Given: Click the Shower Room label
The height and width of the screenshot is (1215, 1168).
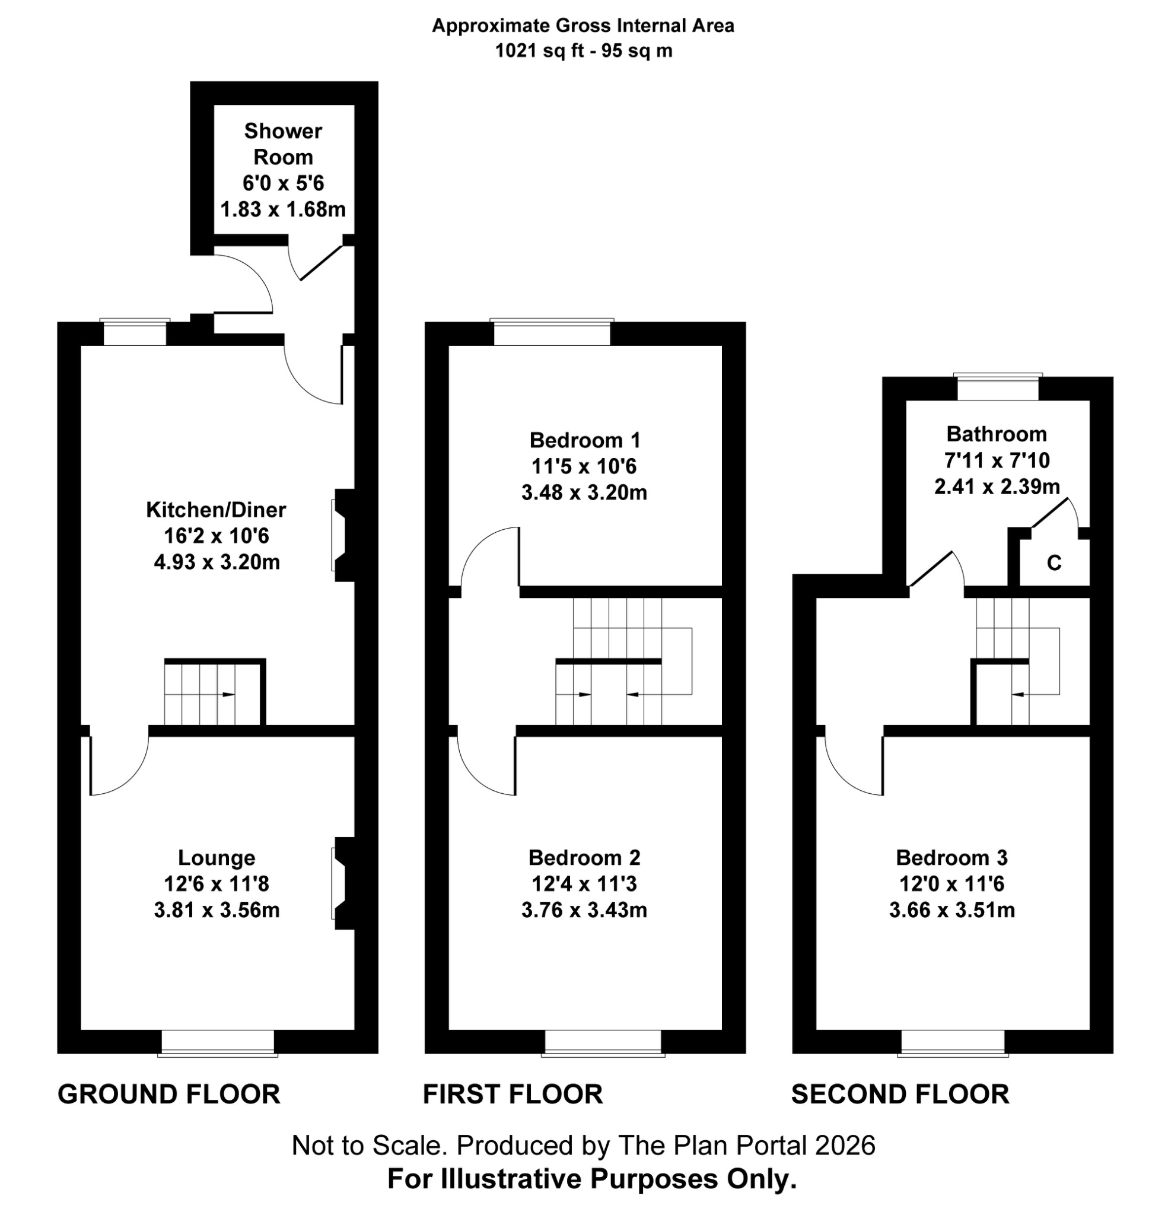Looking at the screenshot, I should coord(283,144).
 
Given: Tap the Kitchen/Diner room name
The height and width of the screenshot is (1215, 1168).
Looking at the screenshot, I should coord(216,510).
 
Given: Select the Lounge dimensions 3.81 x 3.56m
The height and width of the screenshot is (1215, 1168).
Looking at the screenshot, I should coord(217,910).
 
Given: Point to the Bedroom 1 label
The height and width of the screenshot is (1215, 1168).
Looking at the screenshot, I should coord(584,440).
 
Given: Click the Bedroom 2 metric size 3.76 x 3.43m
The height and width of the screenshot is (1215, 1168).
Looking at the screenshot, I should coord(584,910).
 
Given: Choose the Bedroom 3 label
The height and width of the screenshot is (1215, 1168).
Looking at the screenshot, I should coord(951,857).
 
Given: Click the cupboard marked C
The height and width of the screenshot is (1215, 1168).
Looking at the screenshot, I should coord(1054,562).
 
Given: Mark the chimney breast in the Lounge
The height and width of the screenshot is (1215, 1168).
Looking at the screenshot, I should coord(342,883).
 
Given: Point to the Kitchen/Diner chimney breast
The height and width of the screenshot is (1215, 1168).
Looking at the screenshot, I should coord(342,535).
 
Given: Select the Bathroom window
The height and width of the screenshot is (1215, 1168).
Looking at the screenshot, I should coord(997,388).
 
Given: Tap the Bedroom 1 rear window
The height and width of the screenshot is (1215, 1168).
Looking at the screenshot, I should coord(551,333).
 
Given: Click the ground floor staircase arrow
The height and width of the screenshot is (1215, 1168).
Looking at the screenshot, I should coord(228,694).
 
